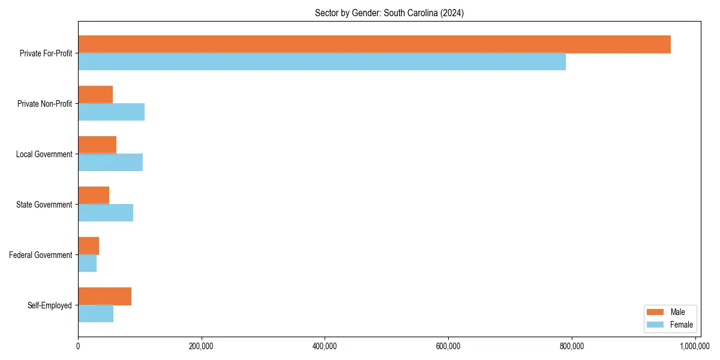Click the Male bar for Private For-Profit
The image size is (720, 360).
[x=374, y=44]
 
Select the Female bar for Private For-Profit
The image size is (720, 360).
[x=322, y=62]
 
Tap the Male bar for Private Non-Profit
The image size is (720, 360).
[x=95, y=95]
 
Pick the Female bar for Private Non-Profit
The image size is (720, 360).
[x=111, y=112]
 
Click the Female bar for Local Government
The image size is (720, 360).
[x=110, y=163]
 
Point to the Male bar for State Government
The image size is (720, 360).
[x=94, y=196]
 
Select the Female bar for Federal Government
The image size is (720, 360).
[x=87, y=263]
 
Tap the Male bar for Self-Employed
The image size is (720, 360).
[x=104, y=296]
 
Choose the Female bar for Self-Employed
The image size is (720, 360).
[x=95, y=314]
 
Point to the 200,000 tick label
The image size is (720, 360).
[x=202, y=346]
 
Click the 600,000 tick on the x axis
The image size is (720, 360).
[x=448, y=346]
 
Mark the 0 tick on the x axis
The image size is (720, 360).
[x=78, y=346]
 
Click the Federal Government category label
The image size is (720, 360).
[x=41, y=255]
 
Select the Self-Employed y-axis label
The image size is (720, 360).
[x=50, y=305]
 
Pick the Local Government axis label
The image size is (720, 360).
[x=44, y=154]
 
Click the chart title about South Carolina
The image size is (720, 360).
[x=389, y=13]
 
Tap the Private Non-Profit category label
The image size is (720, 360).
[x=44, y=104]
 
